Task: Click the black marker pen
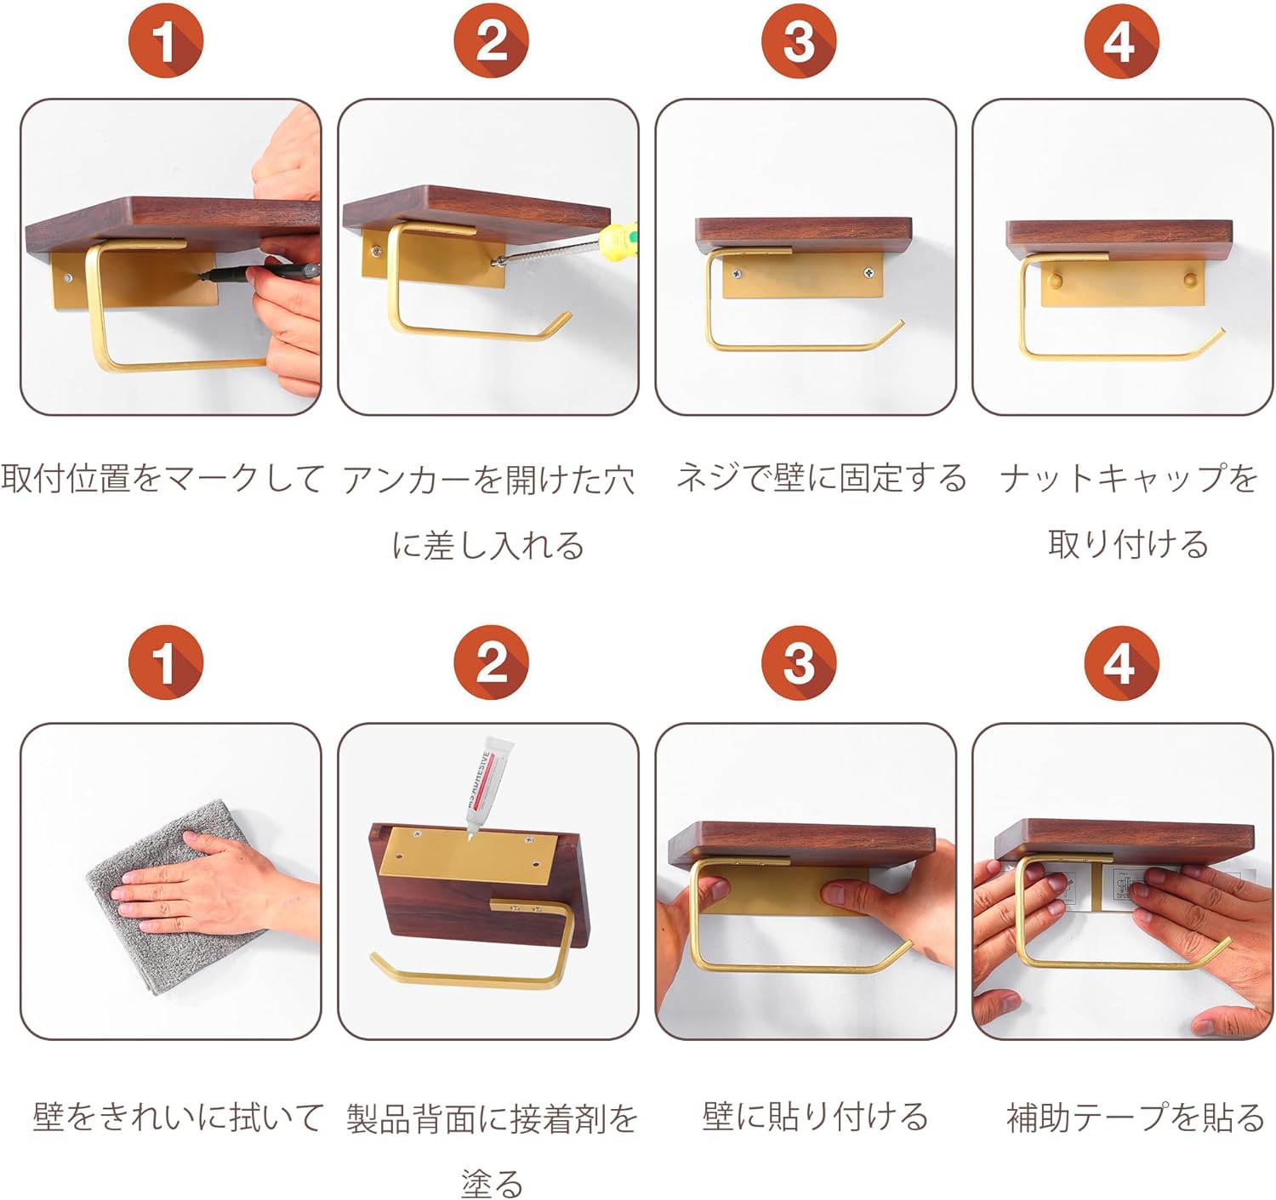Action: click(259, 272)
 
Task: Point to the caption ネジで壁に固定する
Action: click(821, 478)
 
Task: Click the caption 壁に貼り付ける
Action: click(815, 1117)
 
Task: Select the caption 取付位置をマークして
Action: click(162, 479)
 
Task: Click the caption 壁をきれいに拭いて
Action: click(178, 1117)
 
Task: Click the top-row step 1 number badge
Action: click(166, 41)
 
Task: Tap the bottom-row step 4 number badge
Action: click(1122, 663)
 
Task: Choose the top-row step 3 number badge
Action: click(799, 41)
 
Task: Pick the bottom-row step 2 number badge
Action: click(492, 663)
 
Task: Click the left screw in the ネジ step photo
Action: click(737, 274)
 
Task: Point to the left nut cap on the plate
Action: click(1054, 280)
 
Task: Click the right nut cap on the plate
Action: click(1191, 280)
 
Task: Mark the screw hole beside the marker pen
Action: click(67, 279)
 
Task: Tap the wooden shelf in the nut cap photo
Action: click(1119, 240)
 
